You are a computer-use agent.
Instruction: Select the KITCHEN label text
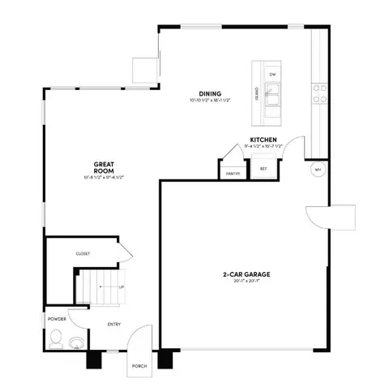pyautogui.click(x=263, y=140)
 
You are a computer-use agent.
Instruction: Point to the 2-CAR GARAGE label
pyautogui.click(x=246, y=274)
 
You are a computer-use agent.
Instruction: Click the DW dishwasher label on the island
pyautogui.click(x=273, y=75)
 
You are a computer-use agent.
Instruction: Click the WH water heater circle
pyautogui.click(x=317, y=170)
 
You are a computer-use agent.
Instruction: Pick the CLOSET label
pyautogui.click(x=83, y=253)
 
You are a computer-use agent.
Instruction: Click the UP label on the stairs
pyautogui.click(x=122, y=287)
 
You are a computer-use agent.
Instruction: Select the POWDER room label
pyautogui.click(x=56, y=319)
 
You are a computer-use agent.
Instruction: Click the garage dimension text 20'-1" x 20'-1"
pyautogui.click(x=246, y=282)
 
